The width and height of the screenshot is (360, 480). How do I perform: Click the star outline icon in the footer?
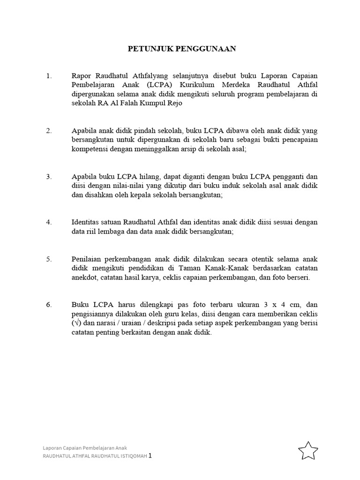click(x=308, y=451)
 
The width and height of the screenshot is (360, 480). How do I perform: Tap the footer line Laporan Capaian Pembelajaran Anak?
click(x=85, y=447)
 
